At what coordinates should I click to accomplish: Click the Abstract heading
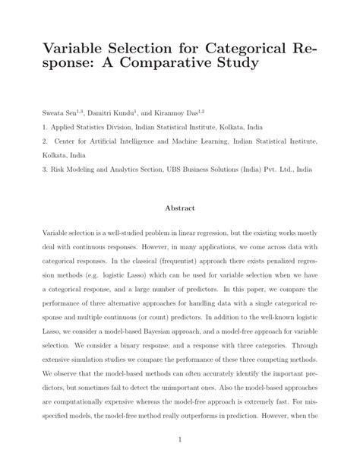179,207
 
